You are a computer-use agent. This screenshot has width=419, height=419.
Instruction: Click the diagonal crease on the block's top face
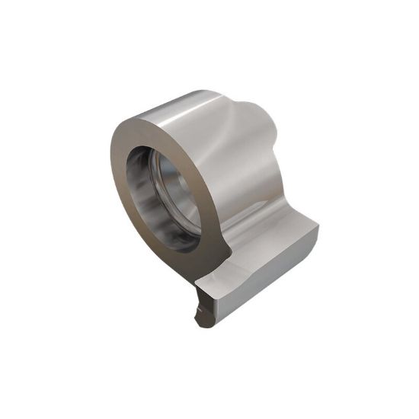coord(244,267)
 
